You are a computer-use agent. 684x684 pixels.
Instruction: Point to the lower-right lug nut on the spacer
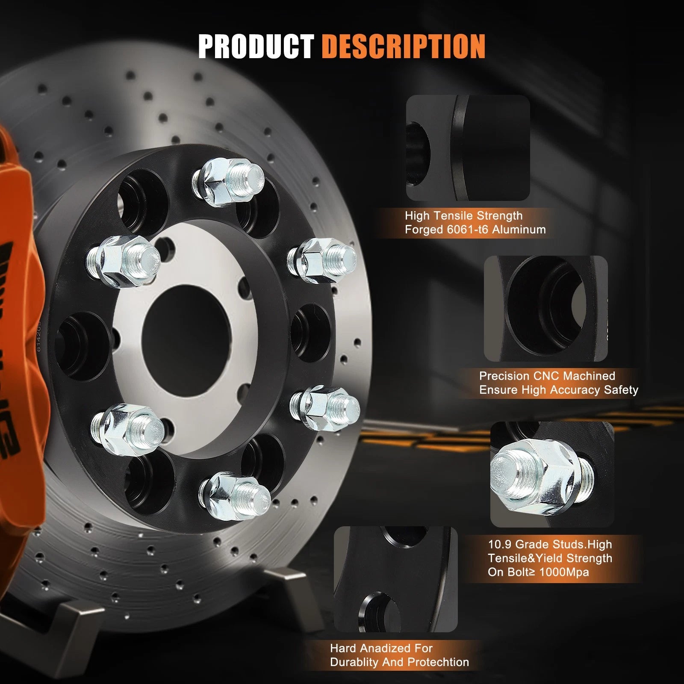325,404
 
